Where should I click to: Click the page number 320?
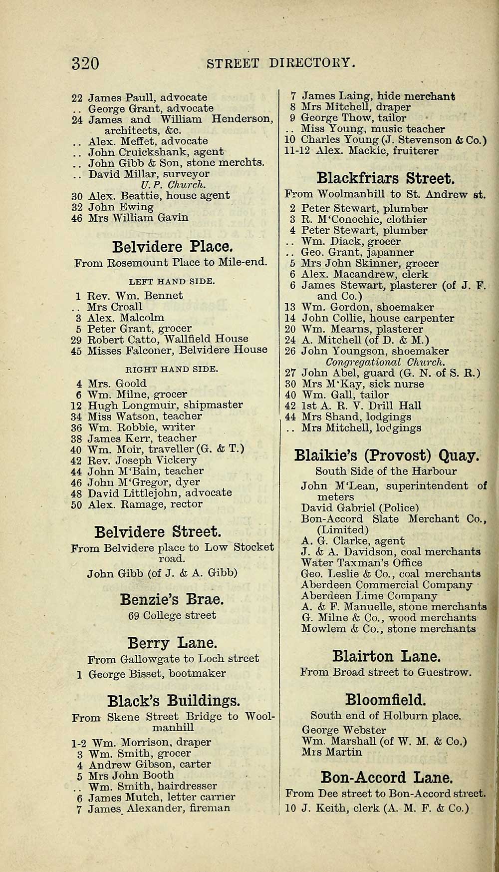85,63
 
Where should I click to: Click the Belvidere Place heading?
172,247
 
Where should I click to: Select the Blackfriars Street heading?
386,178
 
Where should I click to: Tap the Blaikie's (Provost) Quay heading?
387,455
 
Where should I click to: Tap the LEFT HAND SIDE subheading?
172,281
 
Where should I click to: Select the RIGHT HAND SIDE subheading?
172,370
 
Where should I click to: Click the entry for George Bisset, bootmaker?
156,674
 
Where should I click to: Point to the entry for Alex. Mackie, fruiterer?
361,151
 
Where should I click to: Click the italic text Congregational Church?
385,362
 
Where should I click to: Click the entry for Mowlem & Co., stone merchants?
388,629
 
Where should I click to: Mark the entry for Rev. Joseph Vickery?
142,460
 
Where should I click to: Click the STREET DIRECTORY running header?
281,63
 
